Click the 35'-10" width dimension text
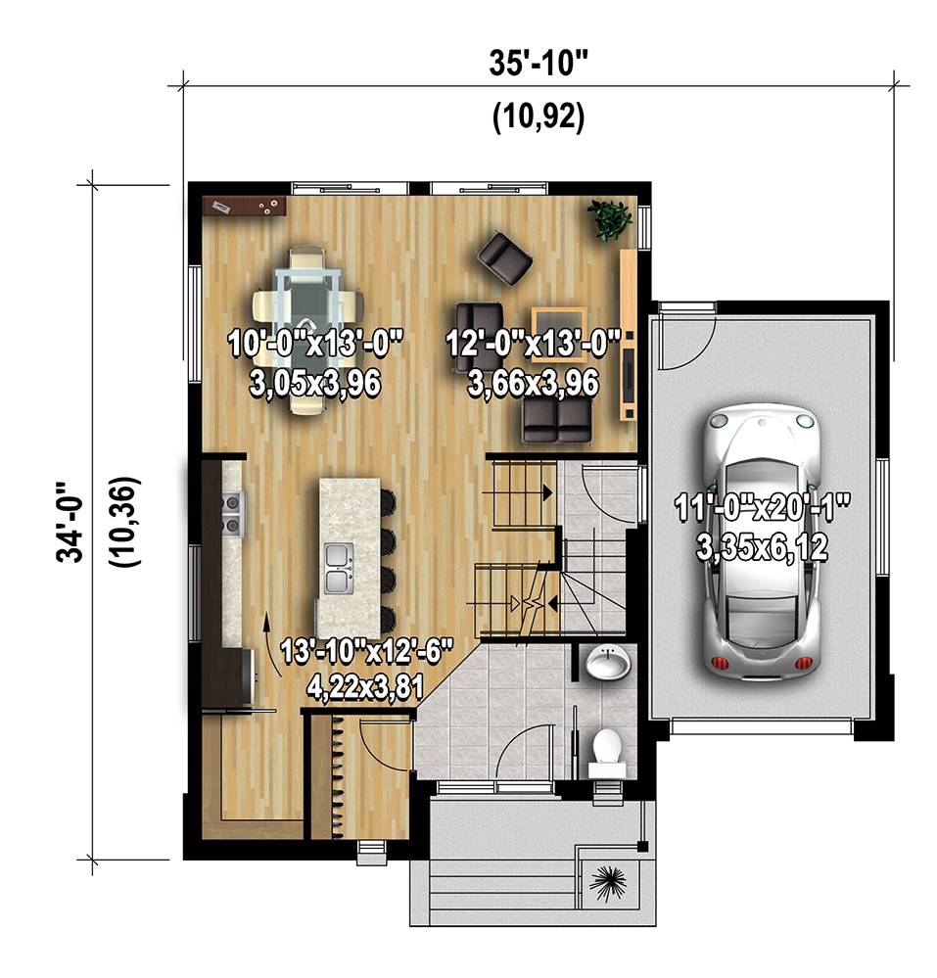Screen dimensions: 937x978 [539, 63]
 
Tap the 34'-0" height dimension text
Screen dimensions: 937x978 [70, 522]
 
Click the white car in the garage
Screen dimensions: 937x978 [762, 538]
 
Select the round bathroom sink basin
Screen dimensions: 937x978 [608, 663]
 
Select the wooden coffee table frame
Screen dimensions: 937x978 [559, 334]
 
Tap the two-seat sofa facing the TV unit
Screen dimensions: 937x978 [556, 420]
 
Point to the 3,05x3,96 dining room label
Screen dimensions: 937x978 [315, 383]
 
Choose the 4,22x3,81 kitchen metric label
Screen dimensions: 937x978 [365, 687]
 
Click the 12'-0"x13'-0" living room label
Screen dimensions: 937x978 [534, 344]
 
